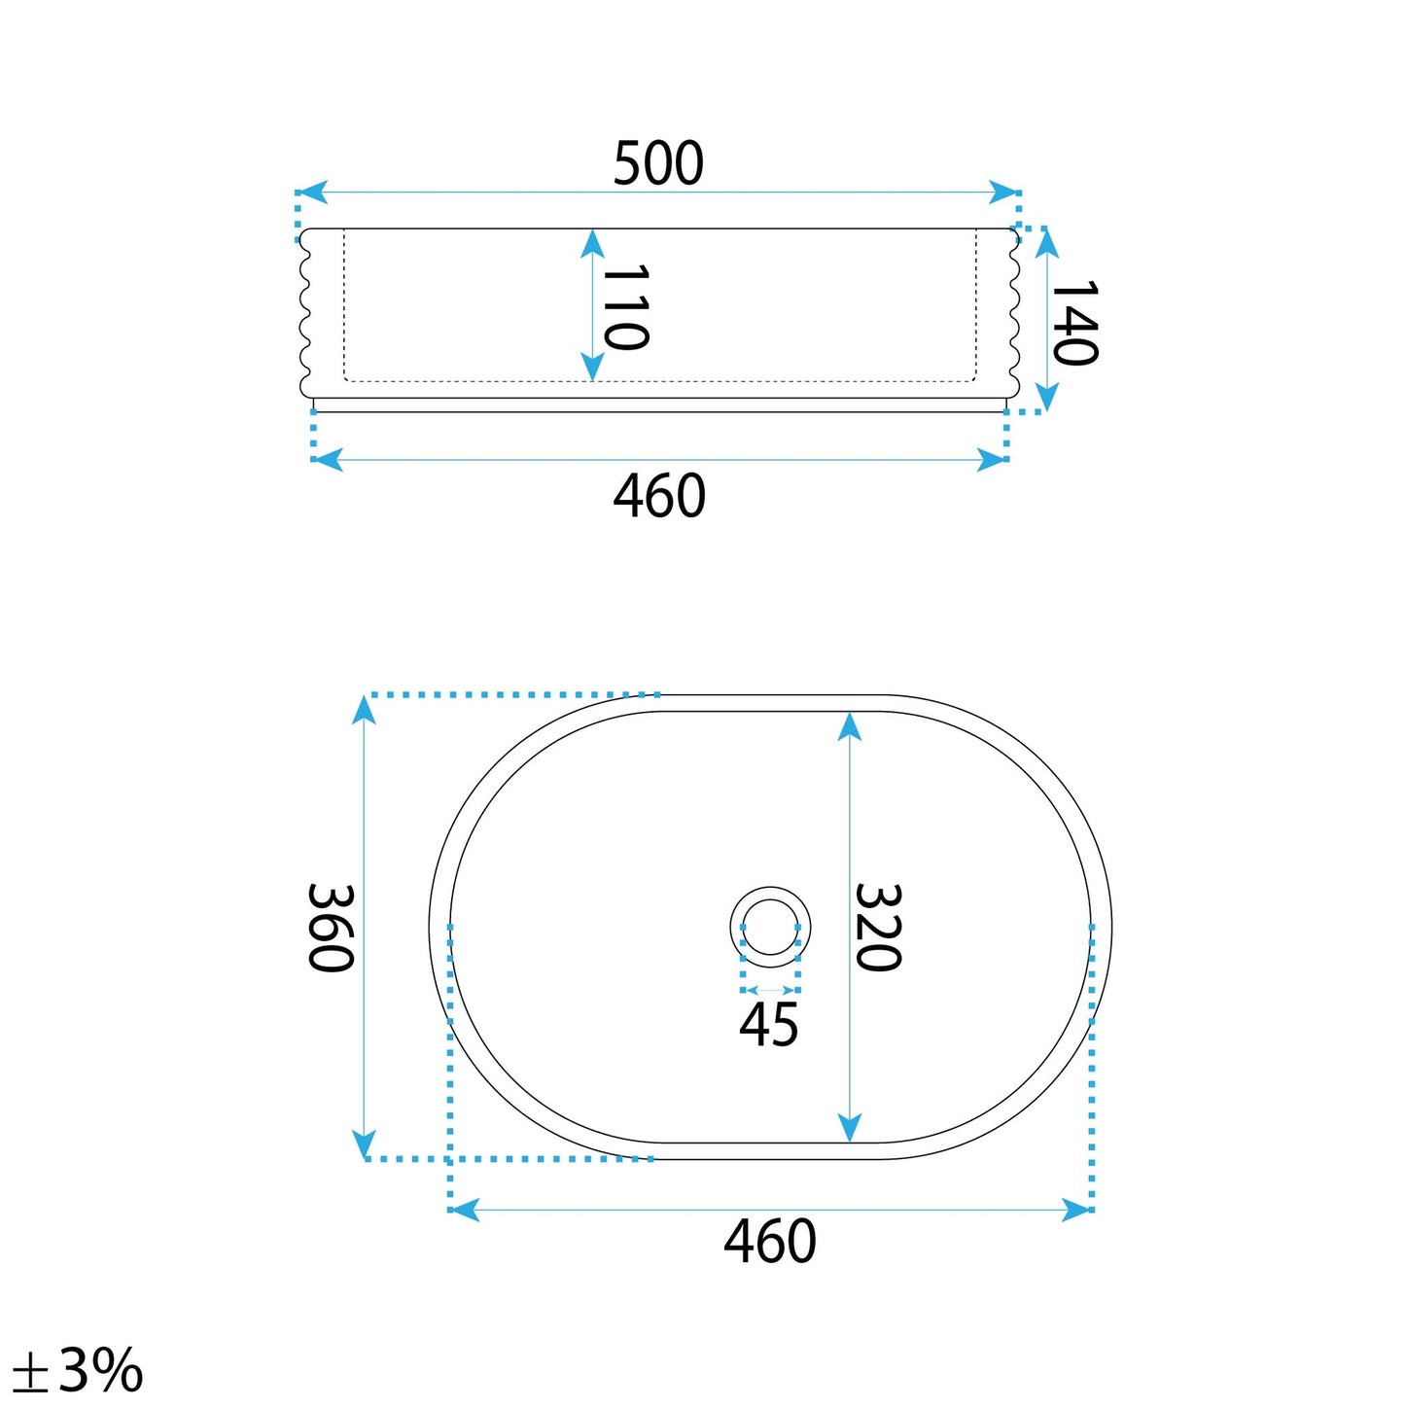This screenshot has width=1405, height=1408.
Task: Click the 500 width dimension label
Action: point(657,162)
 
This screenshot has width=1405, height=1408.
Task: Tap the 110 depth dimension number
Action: point(625,307)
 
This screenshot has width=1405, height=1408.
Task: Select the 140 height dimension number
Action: point(1074,322)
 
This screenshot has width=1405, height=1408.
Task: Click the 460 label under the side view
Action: point(659,495)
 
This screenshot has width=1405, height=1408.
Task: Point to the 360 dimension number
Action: point(331,928)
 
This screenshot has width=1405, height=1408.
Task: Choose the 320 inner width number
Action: point(877,928)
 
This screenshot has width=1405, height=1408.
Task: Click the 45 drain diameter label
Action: point(768,1025)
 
